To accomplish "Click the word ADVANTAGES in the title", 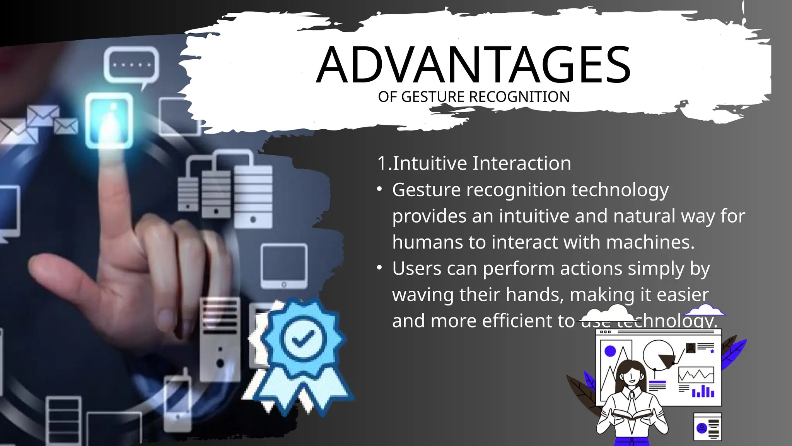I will pyautogui.click(x=473, y=65).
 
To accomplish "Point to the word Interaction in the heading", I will pyautogui.click(x=522, y=163).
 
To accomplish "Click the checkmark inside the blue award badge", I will pyautogui.click(x=303, y=340).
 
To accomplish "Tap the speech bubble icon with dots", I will pyautogui.click(x=131, y=65).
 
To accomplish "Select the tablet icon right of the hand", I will pyautogui.click(x=284, y=266).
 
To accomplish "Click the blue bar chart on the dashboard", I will pyautogui.click(x=703, y=391).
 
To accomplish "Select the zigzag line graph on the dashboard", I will pyautogui.click(x=696, y=374).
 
